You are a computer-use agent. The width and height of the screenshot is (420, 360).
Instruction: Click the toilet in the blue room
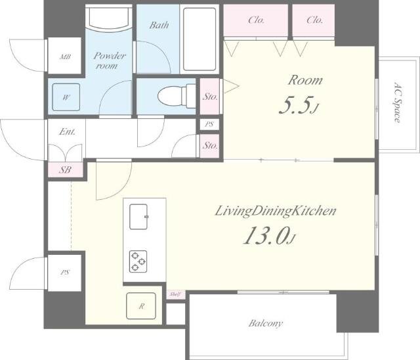point(177,96)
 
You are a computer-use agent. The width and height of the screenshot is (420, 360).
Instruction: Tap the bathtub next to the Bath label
point(199,39)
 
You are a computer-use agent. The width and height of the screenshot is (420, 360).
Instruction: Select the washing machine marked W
point(66,97)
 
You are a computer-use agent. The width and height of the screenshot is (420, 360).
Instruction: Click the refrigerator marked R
point(141,306)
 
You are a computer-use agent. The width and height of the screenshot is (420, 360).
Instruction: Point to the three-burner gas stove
point(138,261)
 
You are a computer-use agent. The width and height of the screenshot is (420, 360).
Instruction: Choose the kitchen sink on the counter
point(138,217)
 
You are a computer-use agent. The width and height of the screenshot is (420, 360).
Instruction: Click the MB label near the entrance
point(65,57)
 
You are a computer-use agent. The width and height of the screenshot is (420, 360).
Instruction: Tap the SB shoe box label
point(66,169)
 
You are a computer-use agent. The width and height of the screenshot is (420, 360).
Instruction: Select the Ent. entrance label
point(67,131)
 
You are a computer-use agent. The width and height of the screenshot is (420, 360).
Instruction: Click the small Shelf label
point(175,294)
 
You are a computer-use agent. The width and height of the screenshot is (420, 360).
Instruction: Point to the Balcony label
point(265,323)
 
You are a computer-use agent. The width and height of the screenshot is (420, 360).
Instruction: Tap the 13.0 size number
point(269,235)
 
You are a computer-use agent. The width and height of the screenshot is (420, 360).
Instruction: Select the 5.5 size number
point(299,105)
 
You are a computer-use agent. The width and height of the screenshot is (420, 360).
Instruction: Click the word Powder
point(110,56)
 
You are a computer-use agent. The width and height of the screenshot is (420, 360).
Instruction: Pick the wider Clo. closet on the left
point(256,20)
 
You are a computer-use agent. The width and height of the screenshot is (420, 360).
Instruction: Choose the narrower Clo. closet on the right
point(314,20)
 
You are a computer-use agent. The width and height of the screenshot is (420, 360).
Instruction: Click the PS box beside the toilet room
point(209,124)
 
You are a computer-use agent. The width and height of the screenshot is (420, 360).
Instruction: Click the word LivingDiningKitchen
point(276,212)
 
